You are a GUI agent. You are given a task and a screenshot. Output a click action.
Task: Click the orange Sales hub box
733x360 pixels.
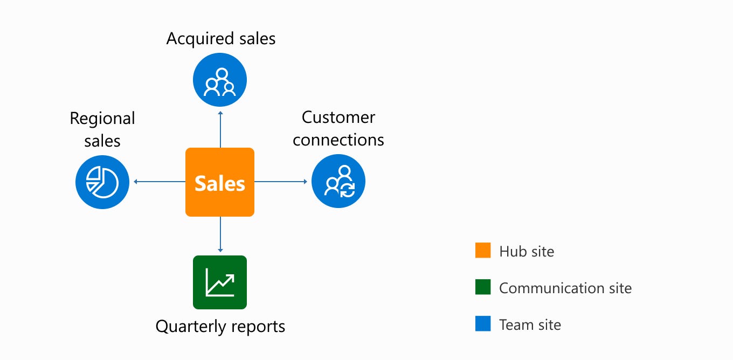[220, 182]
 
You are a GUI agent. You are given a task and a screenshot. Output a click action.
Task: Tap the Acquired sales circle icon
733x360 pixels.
[220, 80]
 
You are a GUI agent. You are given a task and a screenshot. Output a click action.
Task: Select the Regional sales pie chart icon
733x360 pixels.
[102, 182]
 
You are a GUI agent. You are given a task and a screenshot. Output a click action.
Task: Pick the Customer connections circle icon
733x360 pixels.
[338, 182]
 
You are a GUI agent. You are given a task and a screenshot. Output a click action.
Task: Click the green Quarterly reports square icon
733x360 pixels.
[220, 282]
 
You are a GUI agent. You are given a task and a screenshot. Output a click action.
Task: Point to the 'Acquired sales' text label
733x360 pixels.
[221, 39]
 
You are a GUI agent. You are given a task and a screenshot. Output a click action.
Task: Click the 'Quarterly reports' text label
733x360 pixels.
[220, 327]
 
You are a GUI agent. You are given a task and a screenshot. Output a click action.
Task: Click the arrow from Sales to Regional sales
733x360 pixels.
[159, 182]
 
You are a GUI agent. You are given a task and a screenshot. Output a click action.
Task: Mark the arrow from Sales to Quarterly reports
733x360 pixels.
[220, 235]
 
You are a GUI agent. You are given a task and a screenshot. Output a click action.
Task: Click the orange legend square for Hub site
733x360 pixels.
[483, 251]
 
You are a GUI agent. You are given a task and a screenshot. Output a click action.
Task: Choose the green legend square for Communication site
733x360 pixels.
[483, 288]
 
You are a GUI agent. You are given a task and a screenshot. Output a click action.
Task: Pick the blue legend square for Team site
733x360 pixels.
[483, 324]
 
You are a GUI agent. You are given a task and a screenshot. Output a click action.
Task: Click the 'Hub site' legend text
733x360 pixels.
[527, 252]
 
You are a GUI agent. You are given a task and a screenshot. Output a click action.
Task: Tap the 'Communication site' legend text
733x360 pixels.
[565, 288]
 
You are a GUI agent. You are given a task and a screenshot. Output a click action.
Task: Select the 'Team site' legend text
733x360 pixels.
[530, 325]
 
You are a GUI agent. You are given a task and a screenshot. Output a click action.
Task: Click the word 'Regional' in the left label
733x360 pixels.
[102, 119]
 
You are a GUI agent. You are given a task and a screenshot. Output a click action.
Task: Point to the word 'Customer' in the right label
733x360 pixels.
[338, 117]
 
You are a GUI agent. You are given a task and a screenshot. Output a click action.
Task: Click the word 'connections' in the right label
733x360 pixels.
[338, 140]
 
